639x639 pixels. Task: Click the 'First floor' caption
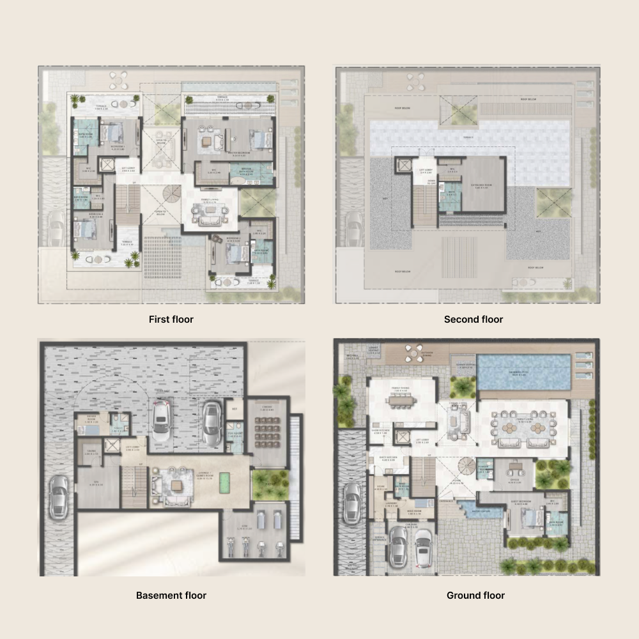(x=171, y=319)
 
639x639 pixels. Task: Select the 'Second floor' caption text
(x=473, y=319)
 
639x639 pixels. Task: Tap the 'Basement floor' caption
(x=171, y=595)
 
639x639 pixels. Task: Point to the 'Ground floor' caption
(x=475, y=595)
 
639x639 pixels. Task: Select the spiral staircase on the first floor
(x=172, y=194)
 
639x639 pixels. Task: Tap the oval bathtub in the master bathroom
(x=239, y=182)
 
